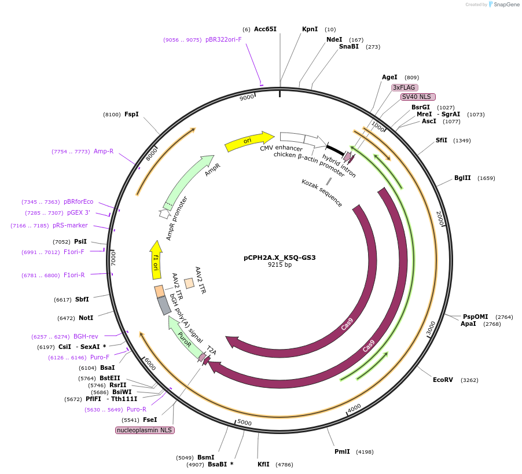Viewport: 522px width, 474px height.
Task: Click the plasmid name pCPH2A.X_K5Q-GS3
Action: pyautogui.click(x=280, y=258)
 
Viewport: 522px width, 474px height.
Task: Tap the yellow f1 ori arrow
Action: pyautogui.click(x=155, y=263)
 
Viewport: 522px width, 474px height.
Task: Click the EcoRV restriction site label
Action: pyautogui.click(x=443, y=380)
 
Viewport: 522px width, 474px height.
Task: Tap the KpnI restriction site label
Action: pyautogui.click(x=310, y=29)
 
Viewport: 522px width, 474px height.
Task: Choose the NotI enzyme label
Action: pyautogui.click(x=86, y=318)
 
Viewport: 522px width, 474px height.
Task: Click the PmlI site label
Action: pyautogui.click(x=342, y=451)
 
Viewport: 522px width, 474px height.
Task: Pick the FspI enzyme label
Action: pyautogui.click(x=131, y=114)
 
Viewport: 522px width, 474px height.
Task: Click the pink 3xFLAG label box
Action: pyautogui.click(x=405, y=87)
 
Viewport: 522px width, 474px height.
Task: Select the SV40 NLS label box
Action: pyautogui.click(x=418, y=97)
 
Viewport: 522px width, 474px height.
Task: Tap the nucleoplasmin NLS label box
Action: pyautogui.click(x=145, y=430)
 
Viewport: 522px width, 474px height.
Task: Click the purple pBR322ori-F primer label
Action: pyautogui.click(x=223, y=40)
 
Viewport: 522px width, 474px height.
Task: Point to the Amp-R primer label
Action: pyautogui.click(x=104, y=151)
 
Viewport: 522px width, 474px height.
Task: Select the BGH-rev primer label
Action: pyautogui.click(x=86, y=336)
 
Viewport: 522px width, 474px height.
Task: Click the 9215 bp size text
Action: pyautogui.click(x=280, y=265)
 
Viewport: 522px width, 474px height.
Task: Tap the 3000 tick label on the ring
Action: pyautogui.click(x=431, y=328)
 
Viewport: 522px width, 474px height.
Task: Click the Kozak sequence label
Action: pyautogui.click(x=322, y=193)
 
